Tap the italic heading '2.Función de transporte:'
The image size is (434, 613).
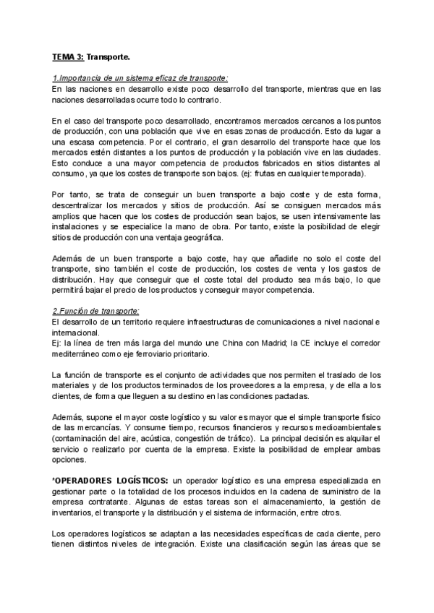[x=96, y=310]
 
